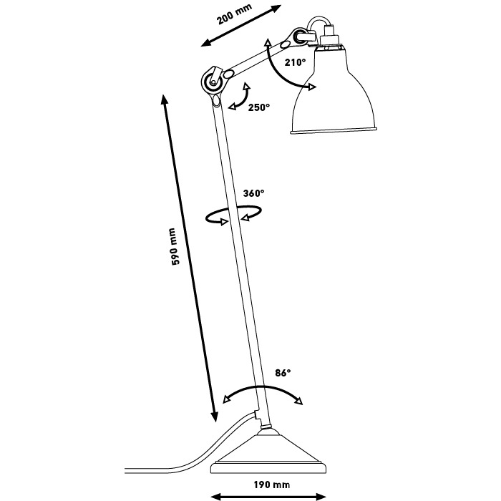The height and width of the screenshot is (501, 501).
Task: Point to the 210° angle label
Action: click(294, 62)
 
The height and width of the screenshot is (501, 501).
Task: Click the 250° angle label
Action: click(259, 107)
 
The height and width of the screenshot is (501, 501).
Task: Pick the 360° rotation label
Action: click(253, 193)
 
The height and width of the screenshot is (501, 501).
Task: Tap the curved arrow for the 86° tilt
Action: click(263, 391)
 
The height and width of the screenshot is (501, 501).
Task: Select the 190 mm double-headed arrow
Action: click(265, 495)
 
